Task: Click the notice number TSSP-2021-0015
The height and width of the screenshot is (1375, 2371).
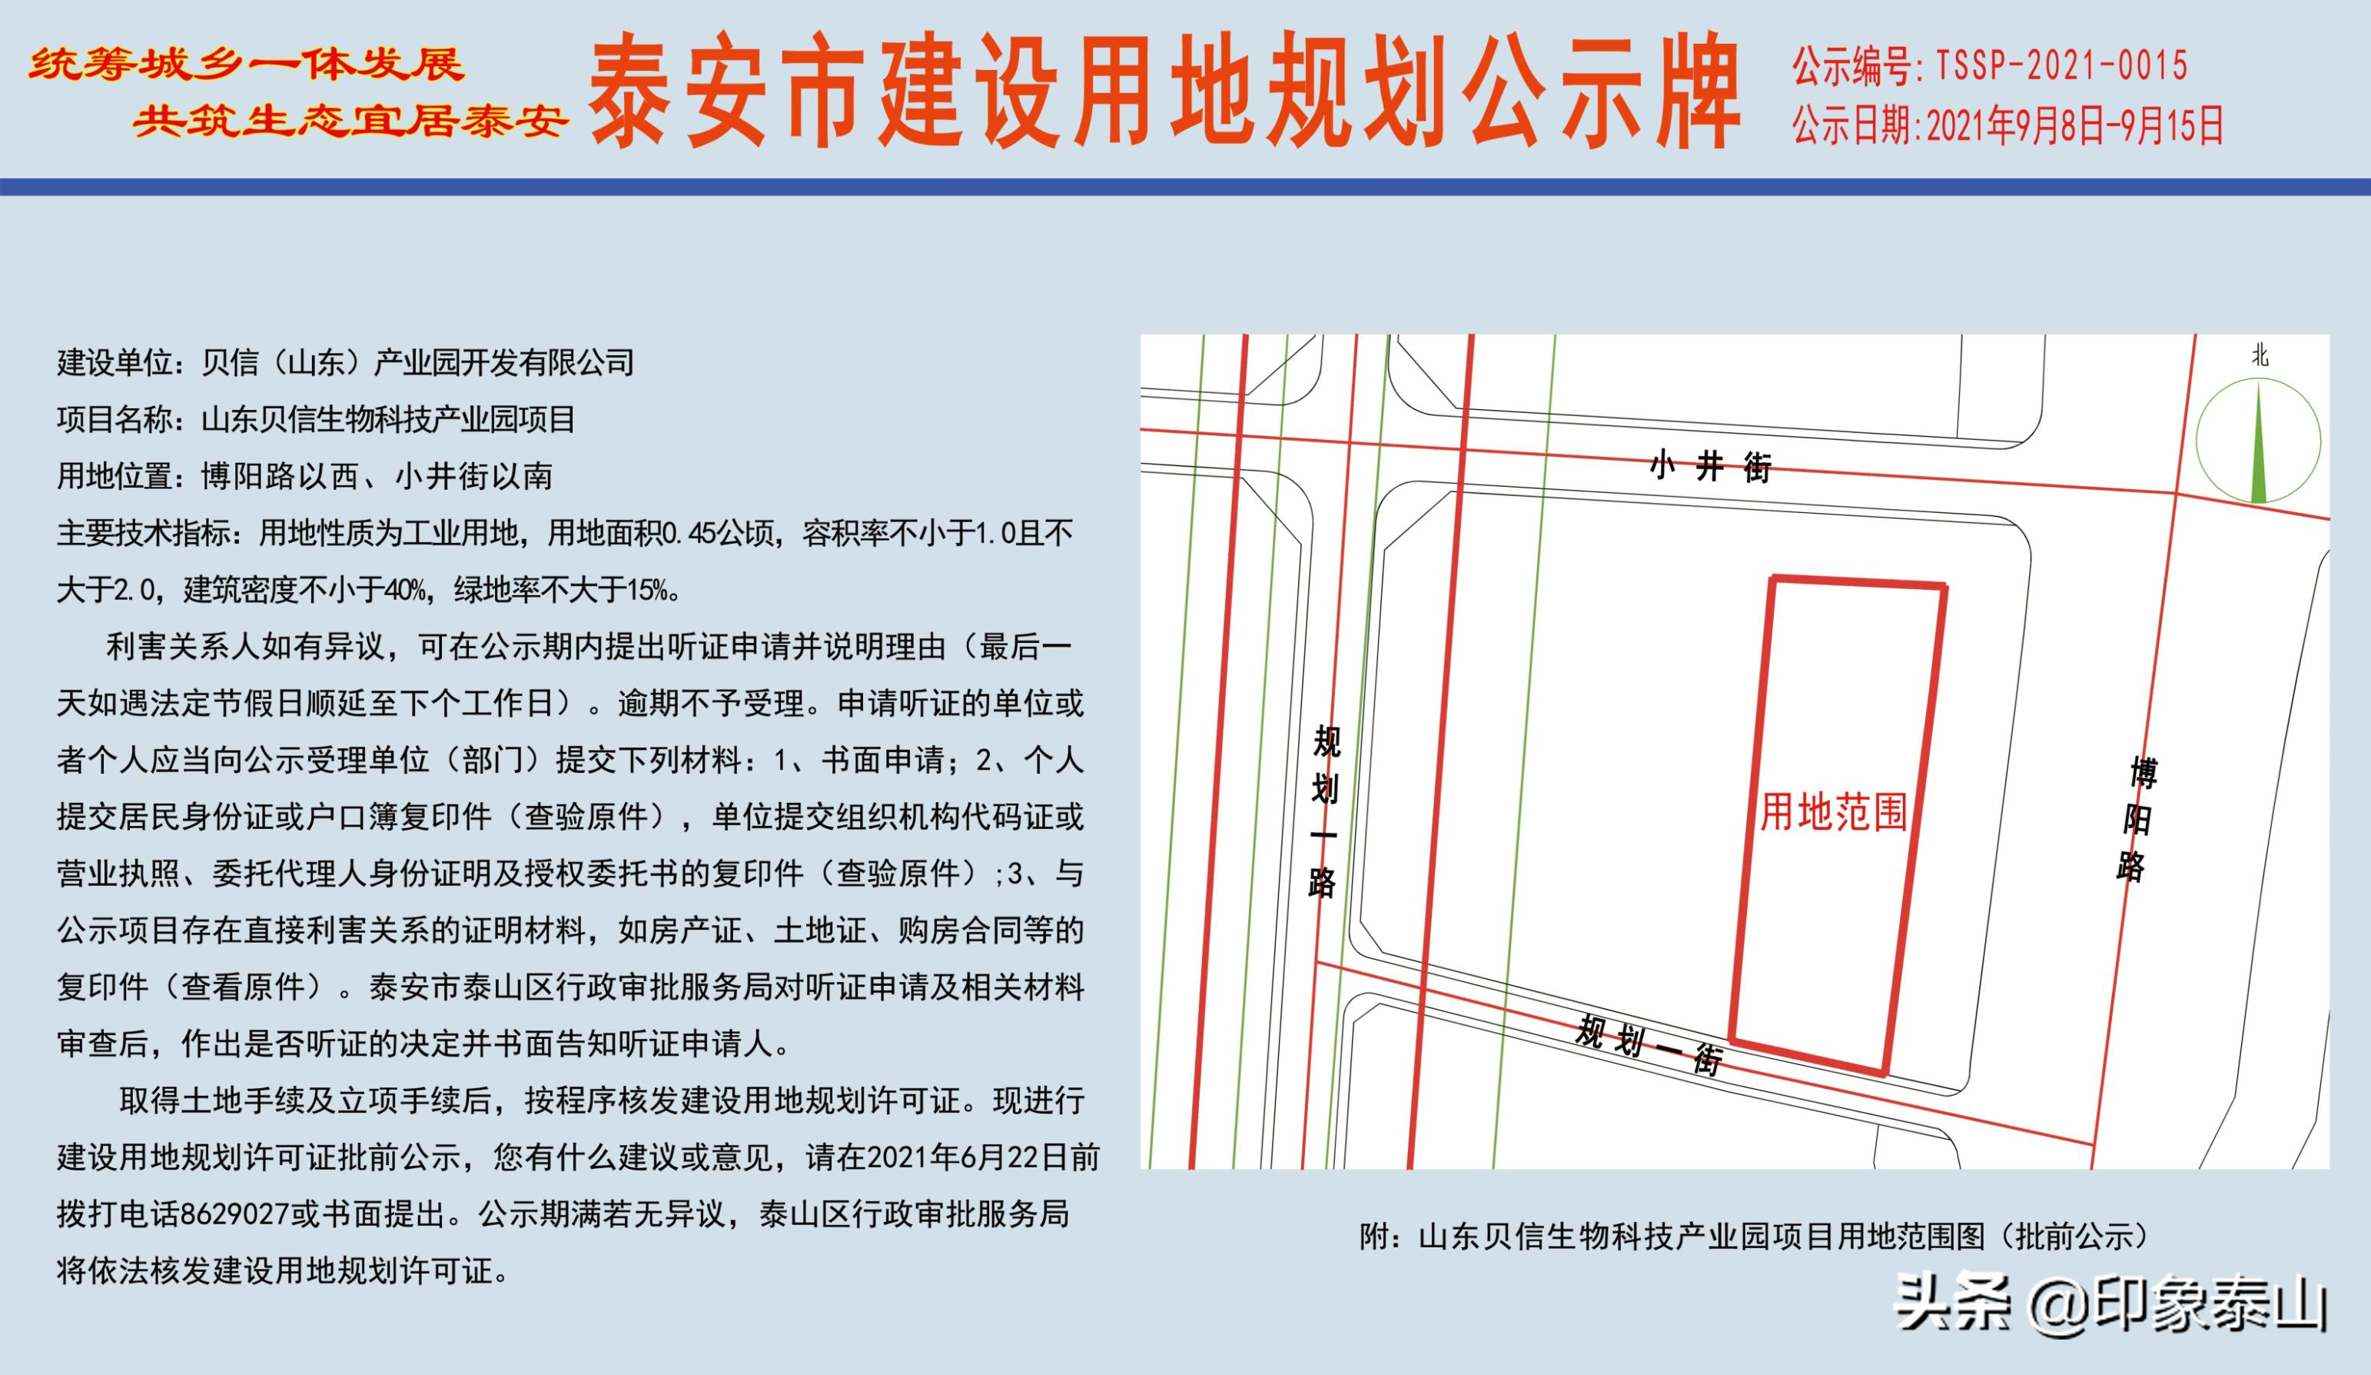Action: pyautogui.click(x=2061, y=66)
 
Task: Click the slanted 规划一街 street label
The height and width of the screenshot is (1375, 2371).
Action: pyautogui.click(x=1649, y=1044)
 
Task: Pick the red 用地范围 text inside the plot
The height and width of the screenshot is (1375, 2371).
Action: pyautogui.click(x=1833, y=812)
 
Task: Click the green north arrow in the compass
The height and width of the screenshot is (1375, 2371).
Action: pyautogui.click(x=2259, y=442)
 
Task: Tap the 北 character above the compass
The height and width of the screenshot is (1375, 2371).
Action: pyautogui.click(x=2259, y=356)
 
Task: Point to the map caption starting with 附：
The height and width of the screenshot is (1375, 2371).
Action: pyautogui.click(x=1754, y=1237)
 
